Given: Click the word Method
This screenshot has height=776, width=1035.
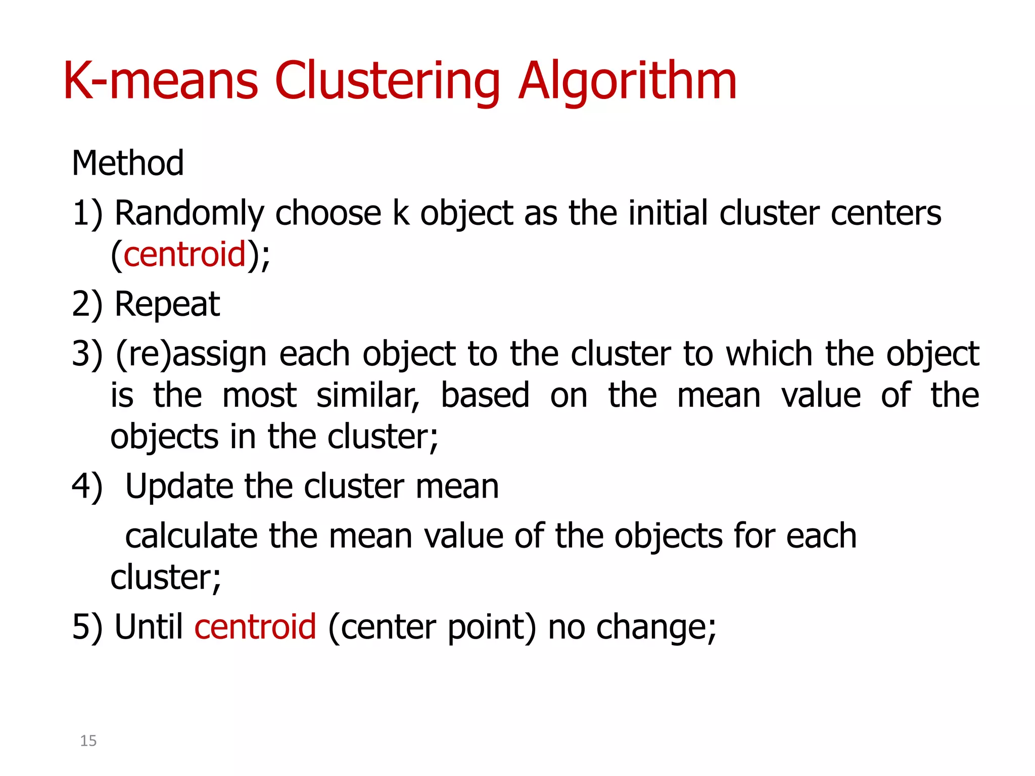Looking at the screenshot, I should [128, 163].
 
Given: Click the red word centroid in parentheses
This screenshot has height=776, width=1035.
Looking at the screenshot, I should [184, 254].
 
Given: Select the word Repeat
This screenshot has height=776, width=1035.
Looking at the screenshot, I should [167, 305].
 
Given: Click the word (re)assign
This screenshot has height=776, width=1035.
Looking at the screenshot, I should [191, 354].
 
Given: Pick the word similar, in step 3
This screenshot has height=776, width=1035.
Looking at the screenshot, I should [368, 396].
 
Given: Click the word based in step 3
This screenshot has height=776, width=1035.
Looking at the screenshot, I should [485, 395].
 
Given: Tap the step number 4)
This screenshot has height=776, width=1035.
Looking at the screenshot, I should [87, 487].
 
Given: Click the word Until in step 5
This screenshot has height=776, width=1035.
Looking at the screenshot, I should [149, 627].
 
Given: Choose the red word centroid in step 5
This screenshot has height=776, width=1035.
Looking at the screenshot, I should [255, 627].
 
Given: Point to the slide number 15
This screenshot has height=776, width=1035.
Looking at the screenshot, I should [88, 741].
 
